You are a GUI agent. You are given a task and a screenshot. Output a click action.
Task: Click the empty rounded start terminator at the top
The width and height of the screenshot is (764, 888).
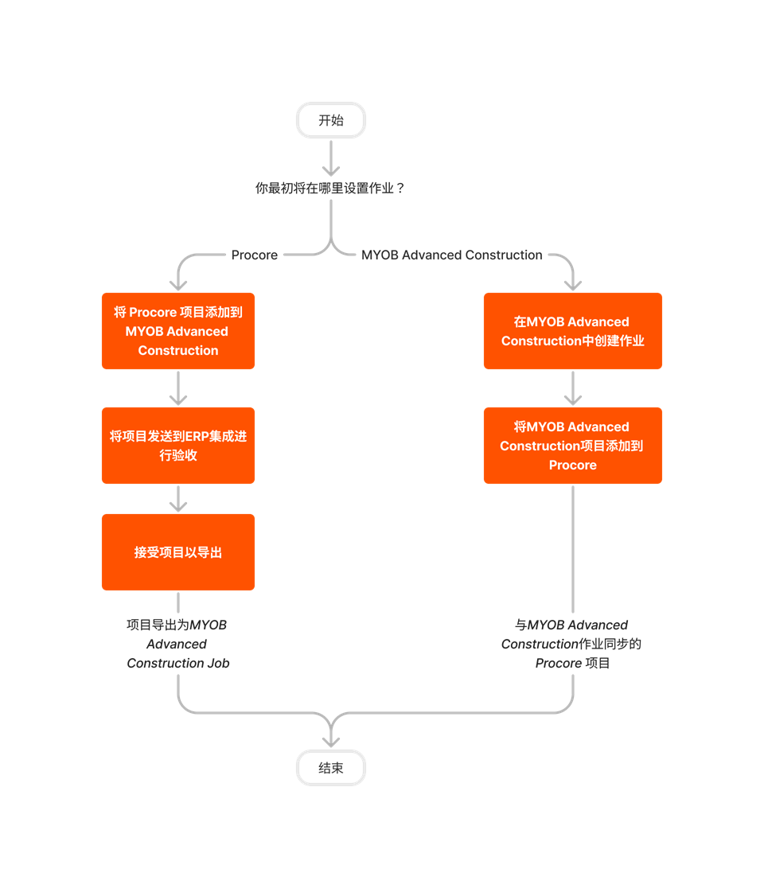331,120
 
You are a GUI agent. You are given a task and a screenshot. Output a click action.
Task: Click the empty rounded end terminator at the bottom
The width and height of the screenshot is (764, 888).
331,768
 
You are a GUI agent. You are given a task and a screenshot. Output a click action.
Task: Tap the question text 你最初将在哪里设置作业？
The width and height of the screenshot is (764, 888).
330,189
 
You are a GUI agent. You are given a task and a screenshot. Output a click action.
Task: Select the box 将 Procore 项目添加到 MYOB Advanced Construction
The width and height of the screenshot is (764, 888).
178,331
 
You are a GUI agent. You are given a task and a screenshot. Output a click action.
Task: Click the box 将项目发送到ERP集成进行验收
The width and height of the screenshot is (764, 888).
178,446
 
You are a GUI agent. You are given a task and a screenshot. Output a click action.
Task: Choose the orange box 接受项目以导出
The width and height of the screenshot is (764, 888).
178,552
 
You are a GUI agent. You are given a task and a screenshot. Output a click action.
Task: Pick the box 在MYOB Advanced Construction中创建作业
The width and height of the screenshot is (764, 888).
573,331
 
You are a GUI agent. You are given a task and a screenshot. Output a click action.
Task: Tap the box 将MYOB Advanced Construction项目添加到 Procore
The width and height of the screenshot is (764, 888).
573,446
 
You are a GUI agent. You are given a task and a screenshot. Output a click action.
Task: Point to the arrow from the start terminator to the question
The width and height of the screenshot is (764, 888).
331,159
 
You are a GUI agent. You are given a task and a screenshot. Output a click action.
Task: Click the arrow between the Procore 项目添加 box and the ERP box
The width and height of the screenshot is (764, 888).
178,388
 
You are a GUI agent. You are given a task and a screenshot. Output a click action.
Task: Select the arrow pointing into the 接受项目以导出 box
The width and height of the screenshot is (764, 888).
178,499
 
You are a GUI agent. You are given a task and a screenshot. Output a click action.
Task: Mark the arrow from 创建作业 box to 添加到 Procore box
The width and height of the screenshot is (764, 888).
573,388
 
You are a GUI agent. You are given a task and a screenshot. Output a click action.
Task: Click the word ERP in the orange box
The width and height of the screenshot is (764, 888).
196,436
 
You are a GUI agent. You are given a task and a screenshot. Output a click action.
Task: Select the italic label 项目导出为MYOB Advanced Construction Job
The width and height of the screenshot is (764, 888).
177,644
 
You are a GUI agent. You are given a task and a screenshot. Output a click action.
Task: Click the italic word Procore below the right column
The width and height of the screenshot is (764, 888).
558,663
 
